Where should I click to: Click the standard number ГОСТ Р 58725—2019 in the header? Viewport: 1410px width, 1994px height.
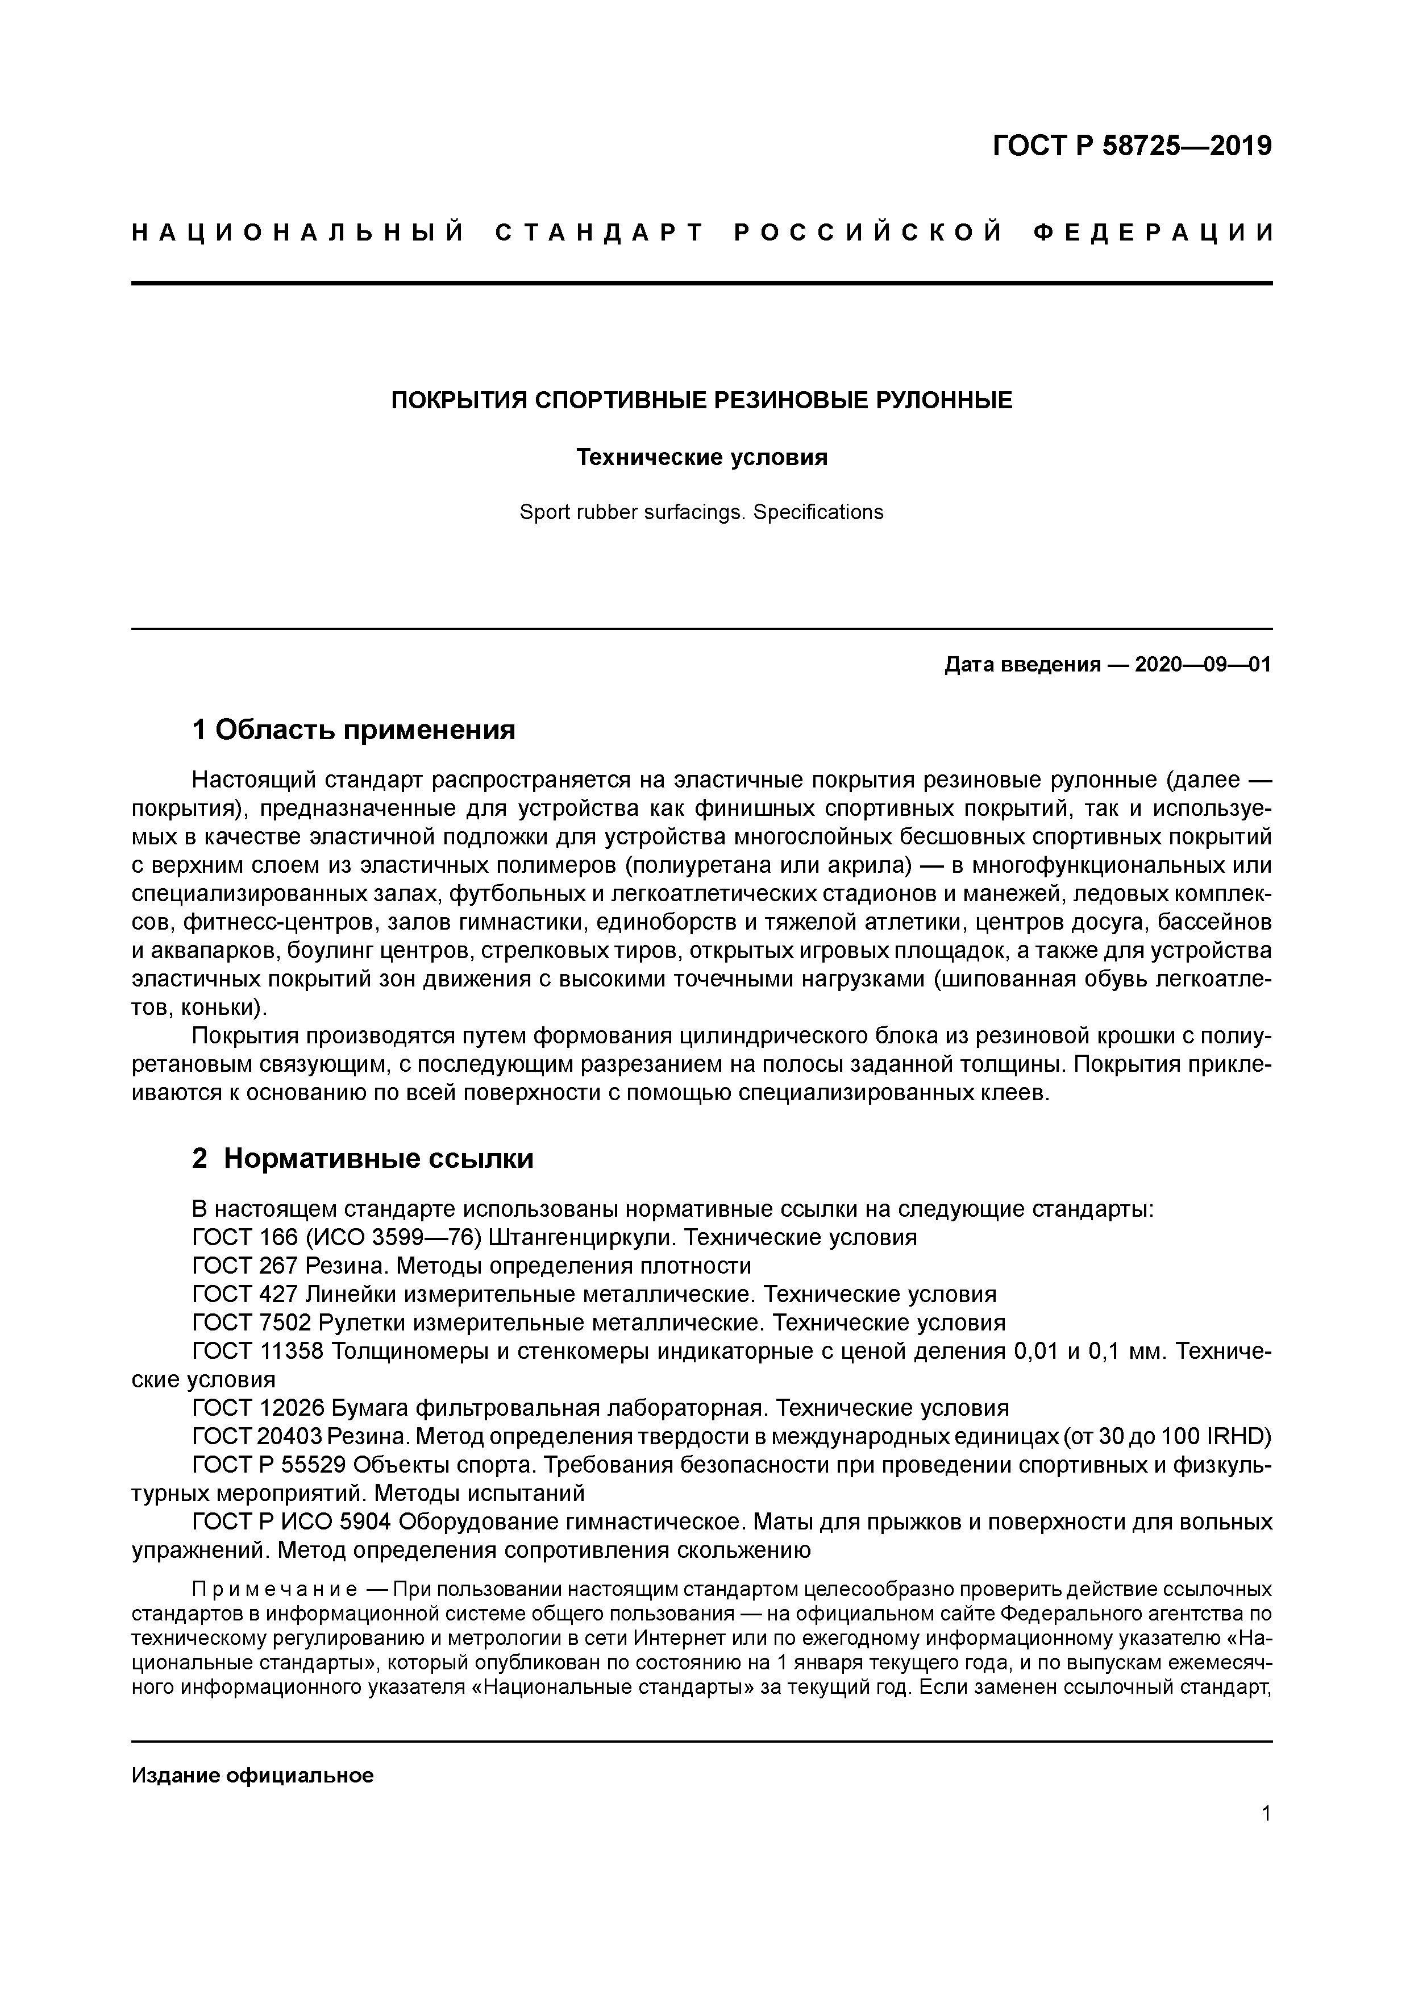1132,146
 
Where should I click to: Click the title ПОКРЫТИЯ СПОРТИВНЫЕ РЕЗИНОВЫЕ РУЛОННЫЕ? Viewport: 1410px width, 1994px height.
701,400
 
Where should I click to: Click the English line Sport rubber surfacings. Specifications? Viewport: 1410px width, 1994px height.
701,512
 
